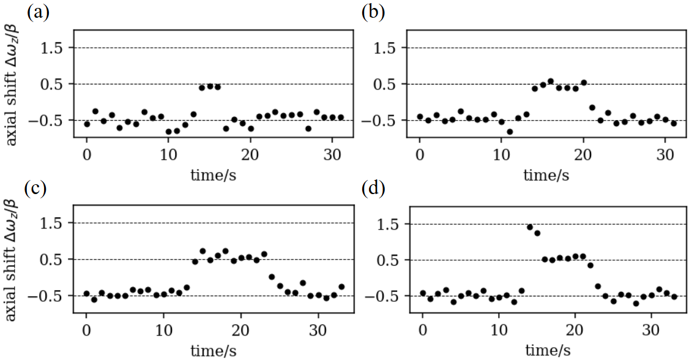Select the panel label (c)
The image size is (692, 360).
pos(38,188)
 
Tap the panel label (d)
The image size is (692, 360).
pos(373,188)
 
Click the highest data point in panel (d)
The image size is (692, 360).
pos(530,227)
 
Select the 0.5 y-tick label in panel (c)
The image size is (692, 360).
pos(54,260)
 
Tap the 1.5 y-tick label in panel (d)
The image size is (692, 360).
pos(387,223)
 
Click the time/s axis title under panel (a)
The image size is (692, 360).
pos(213,175)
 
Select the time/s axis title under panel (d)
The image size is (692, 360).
pos(548,350)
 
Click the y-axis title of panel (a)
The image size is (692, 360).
pos(13,83)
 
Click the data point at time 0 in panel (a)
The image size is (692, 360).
pos(87,124)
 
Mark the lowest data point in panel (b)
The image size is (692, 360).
pos(510,132)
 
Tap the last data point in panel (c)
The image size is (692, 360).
pos(341,287)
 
